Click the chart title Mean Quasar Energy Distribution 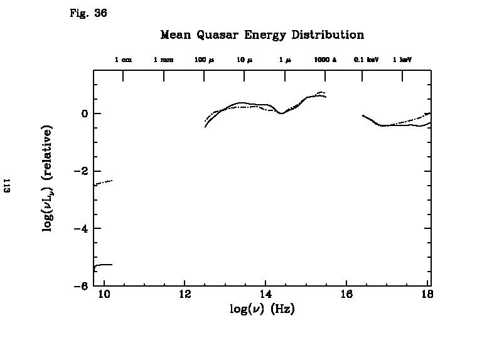pos(262,35)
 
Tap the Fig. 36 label pos(88,13)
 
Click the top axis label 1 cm pos(123,60)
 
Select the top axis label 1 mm pos(164,60)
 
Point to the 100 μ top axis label pos(205,60)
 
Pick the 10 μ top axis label pos(244,60)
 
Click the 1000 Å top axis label pos(325,60)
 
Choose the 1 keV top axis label pos(402,60)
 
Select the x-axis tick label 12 pos(185,295)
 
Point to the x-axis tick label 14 pos(265,295)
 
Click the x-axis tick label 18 pos(427,295)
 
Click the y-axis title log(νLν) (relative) pos(48,178)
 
